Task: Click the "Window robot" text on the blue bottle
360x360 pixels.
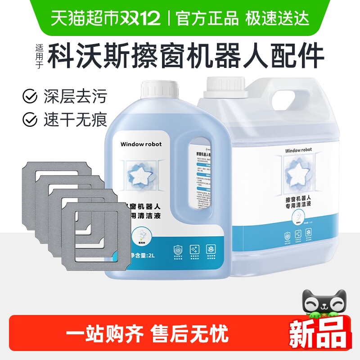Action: click(x=141, y=144)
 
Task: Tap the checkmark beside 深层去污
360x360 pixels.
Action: click(x=30, y=96)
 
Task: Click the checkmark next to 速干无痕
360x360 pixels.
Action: click(x=30, y=119)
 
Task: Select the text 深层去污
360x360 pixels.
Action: click(x=75, y=96)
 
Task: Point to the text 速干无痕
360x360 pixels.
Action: click(x=75, y=119)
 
